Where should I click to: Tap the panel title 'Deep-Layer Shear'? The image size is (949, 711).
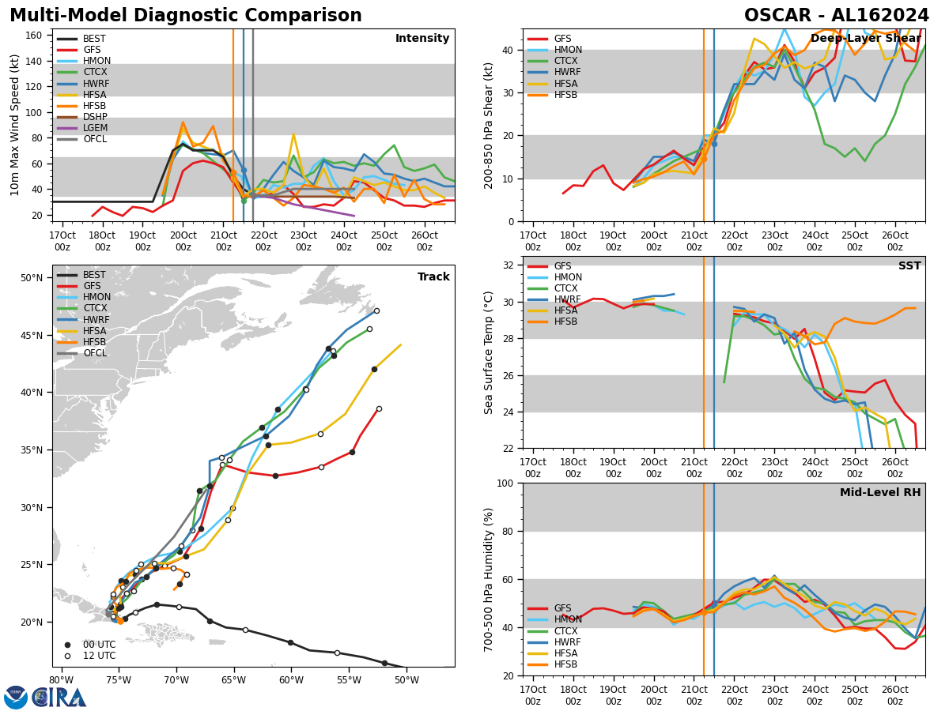(x=865, y=39)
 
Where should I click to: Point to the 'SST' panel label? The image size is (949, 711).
(x=909, y=266)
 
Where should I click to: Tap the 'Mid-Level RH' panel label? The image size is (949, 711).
(x=880, y=493)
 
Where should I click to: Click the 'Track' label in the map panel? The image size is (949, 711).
(x=433, y=277)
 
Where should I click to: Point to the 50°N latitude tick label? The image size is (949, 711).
(x=32, y=278)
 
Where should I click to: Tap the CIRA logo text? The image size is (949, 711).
(x=59, y=697)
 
